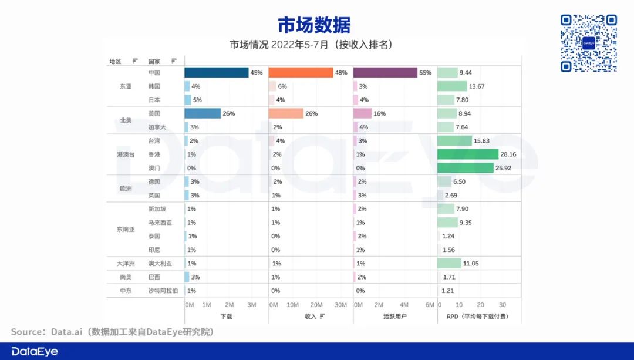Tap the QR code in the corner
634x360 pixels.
[x=589, y=43]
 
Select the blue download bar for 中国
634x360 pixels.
[x=216, y=73]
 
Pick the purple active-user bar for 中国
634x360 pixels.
[x=385, y=73]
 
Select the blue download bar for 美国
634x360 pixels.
[x=203, y=113]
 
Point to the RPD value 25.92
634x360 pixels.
[x=505, y=168]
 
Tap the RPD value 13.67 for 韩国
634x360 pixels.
[x=477, y=86]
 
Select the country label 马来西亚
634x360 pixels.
[x=160, y=223]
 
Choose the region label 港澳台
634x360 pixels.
[x=126, y=154]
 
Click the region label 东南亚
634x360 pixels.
[x=126, y=230]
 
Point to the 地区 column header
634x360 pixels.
[x=115, y=61]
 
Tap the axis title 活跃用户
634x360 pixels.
[x=394, y=317]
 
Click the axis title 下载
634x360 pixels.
[x=226, y=317]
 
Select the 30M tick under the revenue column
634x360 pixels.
[x=340, y=305]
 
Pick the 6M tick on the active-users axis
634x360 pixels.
[x=430, y=305]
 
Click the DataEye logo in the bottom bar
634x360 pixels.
[x=35, y=351]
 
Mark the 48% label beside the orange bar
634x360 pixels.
[x=341, y=73]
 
